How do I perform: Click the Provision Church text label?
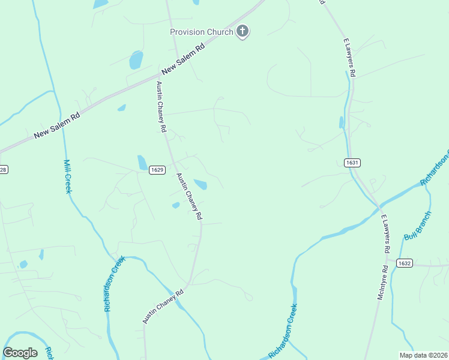point(201,32)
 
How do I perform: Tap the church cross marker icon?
point(243,32)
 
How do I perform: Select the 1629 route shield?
point(157,170)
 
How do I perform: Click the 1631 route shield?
point(352,163)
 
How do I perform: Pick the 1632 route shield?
point(404,263)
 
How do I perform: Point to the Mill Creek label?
point(68,176)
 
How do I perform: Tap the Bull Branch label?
point(418,226)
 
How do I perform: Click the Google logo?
point(20,353)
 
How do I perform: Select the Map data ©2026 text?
point(424,355)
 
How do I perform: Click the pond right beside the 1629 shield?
point(142,162)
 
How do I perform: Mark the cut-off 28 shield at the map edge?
point(3,170)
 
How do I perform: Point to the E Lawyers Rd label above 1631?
point(350,58)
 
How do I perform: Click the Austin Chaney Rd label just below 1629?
point(188,196)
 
